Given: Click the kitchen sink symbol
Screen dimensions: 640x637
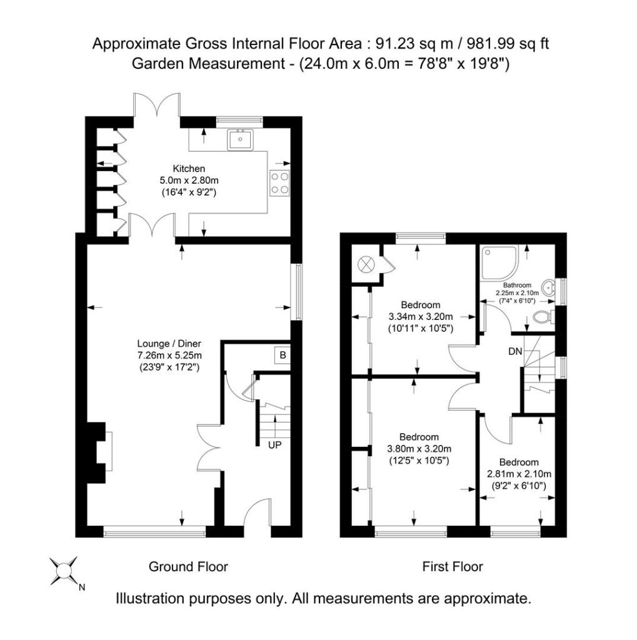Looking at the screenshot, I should [240, 139].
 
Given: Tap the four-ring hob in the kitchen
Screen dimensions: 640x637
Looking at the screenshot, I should [279, 182].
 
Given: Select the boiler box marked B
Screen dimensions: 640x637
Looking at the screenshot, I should [283, 356].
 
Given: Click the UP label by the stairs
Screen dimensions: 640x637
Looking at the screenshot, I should [275, 446].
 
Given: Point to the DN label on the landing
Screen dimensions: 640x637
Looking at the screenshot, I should [515, 351].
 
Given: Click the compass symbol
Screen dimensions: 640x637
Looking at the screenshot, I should [64, 570].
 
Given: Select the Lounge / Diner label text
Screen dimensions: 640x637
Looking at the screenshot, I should [169, 344].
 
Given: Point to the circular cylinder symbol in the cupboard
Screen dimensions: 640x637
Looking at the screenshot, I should [363, 265].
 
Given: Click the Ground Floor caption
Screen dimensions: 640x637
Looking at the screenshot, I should [188, 567].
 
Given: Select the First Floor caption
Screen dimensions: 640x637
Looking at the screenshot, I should [453, 567].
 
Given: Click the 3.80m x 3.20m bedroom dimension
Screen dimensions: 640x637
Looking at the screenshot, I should [419, 448].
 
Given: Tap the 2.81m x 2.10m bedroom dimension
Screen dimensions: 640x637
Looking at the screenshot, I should [518, 474].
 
